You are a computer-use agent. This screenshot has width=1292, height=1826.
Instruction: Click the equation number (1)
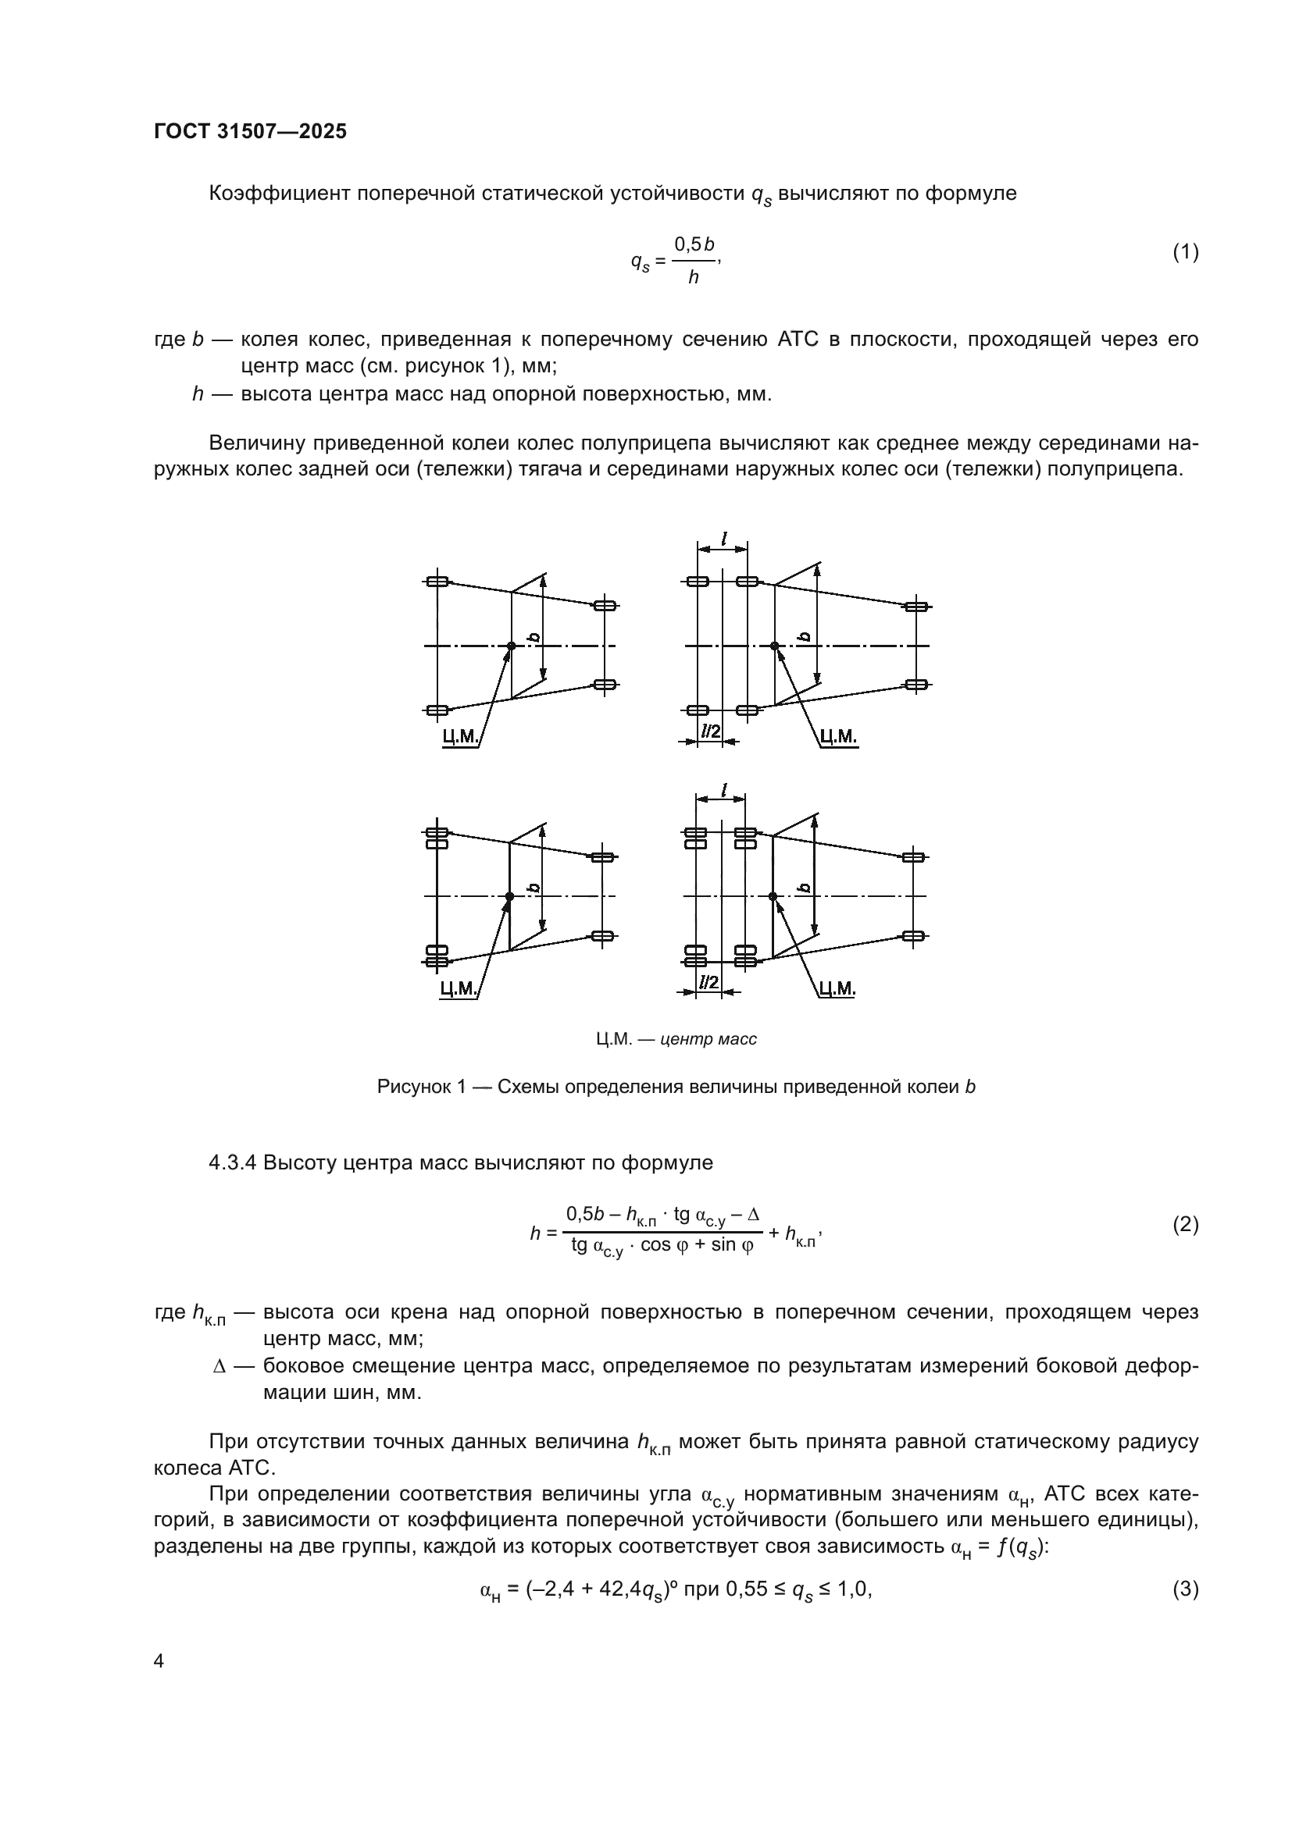pyautogui.click(x=1185, y=253)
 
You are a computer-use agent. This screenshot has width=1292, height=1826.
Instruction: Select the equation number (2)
pyautogui.click(x=1185, y=1225)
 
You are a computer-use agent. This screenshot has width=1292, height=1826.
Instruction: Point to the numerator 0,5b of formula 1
pyautogui.click(x=694, y=243)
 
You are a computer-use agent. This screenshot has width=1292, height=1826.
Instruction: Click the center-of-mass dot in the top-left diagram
pyautogui.click(x=512, y=646)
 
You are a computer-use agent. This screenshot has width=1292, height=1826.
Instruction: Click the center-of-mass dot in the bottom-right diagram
pyautogui.click(x=773, y=896)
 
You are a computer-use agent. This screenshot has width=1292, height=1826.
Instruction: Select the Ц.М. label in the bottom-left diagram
pyautogui.click(x=459, y=988)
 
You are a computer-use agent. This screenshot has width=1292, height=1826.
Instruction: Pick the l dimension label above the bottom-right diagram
pyautogui.click(x=723, y=790)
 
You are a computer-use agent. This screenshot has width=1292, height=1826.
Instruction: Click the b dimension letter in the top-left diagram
pyautogui.click(x=534, y=637)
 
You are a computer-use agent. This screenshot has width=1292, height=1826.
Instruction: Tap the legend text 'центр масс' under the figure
pyautogui.click(x=708, y=1039)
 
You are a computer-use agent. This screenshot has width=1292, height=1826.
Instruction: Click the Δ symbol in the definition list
pyautogui.click(x=220, y=1366)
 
